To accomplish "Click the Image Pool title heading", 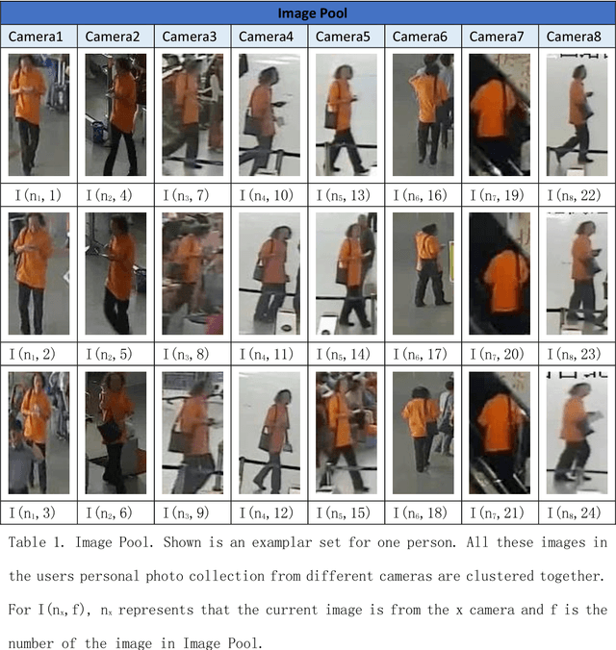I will [307, 12].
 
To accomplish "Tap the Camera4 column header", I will [269, 37].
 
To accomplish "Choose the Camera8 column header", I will [576, 37].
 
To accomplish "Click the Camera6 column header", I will [422, 37].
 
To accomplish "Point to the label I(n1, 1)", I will [38, 195].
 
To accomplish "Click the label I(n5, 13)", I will [346, 195].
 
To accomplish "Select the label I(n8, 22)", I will [576, 195].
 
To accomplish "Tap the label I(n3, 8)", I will [192, 354].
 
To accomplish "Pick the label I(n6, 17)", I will [422, 354].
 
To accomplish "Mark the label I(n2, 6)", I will [115, 512].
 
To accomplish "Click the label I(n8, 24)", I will [576, 512].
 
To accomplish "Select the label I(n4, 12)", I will [269, 512].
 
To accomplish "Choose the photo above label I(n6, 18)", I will [422, 432].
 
